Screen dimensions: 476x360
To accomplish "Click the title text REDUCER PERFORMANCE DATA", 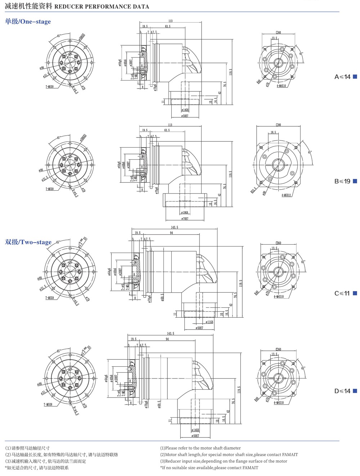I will click(x=102, y=6).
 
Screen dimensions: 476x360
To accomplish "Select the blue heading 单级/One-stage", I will click(x=28, y=22).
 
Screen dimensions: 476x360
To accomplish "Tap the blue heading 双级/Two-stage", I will click(x=28, y=242).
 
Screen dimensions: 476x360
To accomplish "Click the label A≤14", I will click(x=342, y=77).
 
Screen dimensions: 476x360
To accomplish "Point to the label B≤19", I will click(x=342, y=181).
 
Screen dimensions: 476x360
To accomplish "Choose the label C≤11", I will click(x=342, y=293).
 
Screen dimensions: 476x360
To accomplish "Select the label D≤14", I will click(x=342, y=391).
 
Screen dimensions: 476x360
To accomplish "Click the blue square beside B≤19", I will click(x=355, y=181).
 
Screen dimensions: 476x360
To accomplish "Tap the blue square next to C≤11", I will click(x=355, y=293).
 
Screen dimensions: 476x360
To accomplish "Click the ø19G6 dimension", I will click(x=184, y=213).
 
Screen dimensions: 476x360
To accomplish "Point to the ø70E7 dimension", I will click(x=184, y=219).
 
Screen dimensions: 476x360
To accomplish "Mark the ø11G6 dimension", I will click(x=209, y=322).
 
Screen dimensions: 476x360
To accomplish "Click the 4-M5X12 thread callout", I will click(x=286, y=195).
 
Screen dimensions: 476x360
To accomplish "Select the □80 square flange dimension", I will click(x=278, y=125).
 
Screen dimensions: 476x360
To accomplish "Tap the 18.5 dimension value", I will click(x=274, y=132).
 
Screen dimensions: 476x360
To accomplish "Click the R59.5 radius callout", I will click(x=253, y=190).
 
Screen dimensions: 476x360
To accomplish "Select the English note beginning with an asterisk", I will click(x=209, y=468).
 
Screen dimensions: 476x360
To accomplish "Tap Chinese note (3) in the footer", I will click(x=45, y=461).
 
